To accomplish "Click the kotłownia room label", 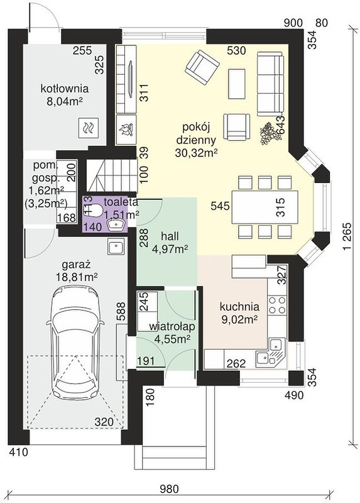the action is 65,88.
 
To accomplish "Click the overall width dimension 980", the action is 169,489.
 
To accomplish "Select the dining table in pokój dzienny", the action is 265,207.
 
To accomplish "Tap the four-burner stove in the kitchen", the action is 277,305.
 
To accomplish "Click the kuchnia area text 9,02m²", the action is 239,319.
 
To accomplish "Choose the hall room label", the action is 170,237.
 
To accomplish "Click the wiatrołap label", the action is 172,327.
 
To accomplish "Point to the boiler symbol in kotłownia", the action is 88,128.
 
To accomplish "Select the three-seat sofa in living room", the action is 270,84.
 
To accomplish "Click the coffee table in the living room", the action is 237,84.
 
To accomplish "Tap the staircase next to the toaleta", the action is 112,177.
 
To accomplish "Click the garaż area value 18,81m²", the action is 77,277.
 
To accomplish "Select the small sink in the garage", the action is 115,247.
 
